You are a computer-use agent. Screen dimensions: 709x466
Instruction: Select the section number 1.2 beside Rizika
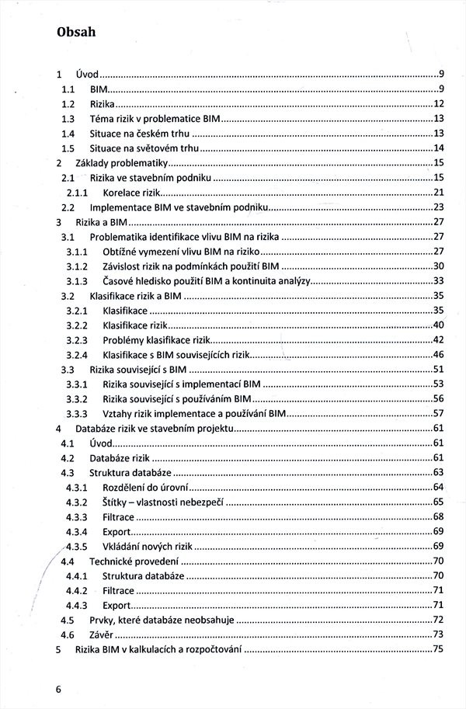point(68,104)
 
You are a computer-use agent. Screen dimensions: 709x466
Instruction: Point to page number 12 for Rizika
point(438,104)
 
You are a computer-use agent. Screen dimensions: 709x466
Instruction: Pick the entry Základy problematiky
point(121,163)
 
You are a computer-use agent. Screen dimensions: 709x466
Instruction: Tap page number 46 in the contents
point(438,354)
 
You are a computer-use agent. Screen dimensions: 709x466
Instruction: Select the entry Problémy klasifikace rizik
point(157,339)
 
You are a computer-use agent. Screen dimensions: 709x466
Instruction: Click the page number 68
point(438,516)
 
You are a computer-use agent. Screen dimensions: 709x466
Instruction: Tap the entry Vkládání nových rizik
point(147,546)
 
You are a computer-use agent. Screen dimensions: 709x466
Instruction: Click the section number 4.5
point(68,620)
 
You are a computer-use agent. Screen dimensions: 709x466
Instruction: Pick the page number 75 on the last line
point(438,649)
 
